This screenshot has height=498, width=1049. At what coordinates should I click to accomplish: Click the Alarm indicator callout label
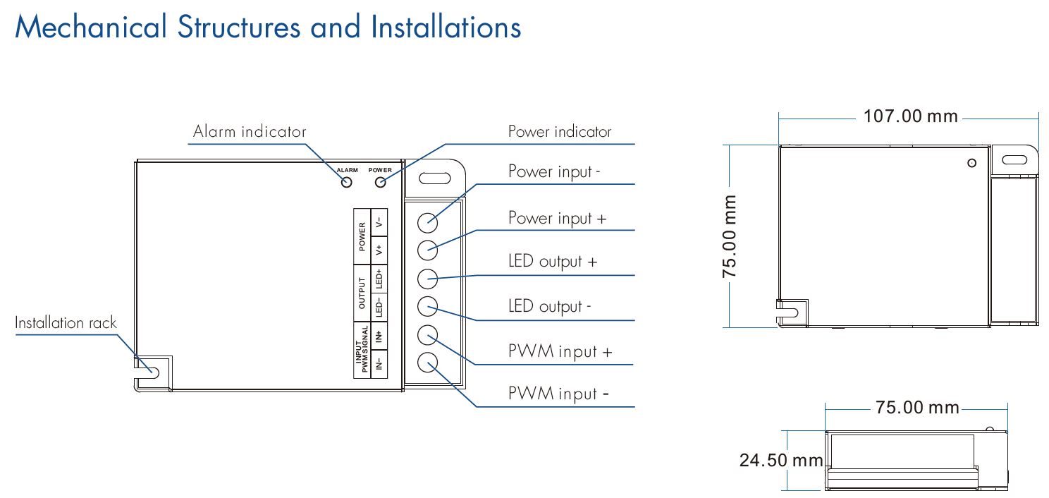[x=250, y=132]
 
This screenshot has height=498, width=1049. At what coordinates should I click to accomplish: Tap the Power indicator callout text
[x=560, y=132]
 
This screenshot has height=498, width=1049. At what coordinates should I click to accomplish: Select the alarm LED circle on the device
[x=347, y=182]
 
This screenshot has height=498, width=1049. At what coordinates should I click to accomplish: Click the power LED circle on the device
[x=381, y=182]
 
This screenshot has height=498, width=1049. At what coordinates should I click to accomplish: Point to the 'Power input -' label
[x=554, y=172]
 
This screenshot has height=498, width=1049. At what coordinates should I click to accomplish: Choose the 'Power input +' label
[x=557, y=218]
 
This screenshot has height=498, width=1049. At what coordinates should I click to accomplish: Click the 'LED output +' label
[x=553, y=262]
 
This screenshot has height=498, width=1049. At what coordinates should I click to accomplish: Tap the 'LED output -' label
[x=550, y=307]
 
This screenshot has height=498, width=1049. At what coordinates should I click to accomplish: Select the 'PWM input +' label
[x=560, y=351]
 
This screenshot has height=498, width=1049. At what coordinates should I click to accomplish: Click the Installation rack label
[x=66, y=323]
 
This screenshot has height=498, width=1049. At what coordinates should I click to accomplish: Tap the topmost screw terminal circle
[x=428, y=221]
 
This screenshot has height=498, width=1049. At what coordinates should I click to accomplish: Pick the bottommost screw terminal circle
[x=428, y=363]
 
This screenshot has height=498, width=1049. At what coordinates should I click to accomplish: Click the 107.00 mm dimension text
[x=911, y=116]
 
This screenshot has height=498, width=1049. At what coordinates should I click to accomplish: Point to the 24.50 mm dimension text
[x=781, y=461]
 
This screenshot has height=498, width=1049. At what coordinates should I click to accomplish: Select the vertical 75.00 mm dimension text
[x=731, y=236]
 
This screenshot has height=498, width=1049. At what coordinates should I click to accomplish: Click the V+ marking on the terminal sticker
[x=379, y=249]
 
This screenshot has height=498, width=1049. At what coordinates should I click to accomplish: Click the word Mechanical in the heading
[x=91, y=28]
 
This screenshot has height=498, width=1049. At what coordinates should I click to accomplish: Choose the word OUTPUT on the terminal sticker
[x=362, y=293]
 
